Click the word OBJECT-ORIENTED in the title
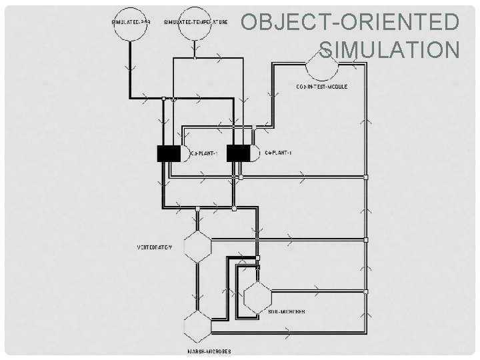point(350,23)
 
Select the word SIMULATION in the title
point(390,50)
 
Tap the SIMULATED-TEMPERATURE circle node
point(195,26)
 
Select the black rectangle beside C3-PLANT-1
point(168,153)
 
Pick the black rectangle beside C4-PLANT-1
point(238,153)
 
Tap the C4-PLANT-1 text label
point(278,153)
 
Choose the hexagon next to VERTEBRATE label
point(197,247)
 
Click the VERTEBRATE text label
point(155,247)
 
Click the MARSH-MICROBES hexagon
point(197,327)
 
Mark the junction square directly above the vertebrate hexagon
point(197,209)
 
